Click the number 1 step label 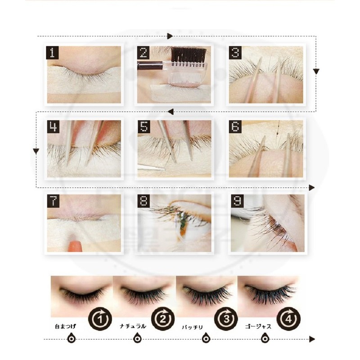53,53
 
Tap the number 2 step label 144,53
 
